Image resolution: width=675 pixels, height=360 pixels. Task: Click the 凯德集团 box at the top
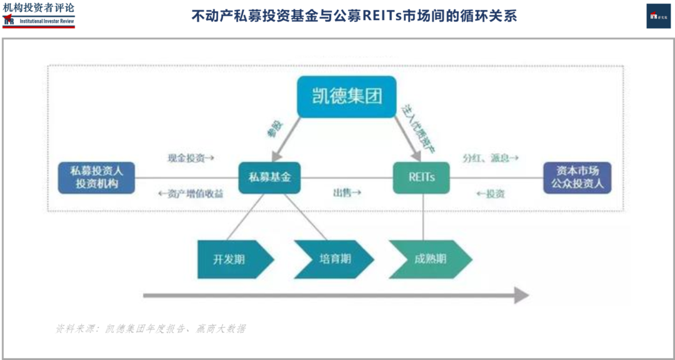(346, 96)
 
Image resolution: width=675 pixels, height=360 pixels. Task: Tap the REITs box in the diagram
(421, 177)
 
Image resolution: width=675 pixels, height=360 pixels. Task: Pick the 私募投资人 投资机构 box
(96, 177)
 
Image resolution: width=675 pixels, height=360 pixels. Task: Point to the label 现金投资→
(191, 158)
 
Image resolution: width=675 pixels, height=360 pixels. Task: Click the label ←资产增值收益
(191, 194)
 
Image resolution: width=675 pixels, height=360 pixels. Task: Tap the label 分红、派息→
(491, 158)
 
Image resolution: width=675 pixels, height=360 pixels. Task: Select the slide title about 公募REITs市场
(354, 16)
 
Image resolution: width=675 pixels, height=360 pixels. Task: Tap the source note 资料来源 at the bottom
(150, 329)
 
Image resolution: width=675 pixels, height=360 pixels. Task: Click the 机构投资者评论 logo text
(39, 8)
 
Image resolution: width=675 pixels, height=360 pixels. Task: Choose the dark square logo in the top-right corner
(658, 16)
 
